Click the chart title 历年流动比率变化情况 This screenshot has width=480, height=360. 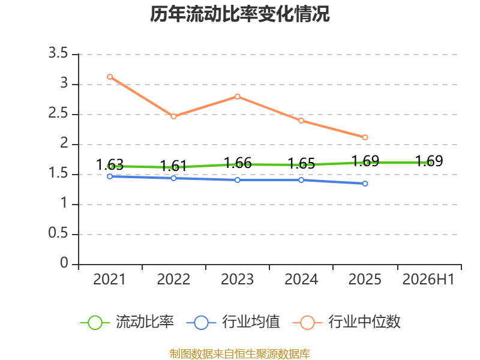click(239, 14)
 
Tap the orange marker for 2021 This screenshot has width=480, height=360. click(110, 77)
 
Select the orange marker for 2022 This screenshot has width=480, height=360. click(173, 116)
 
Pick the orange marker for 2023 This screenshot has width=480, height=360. click(238, 97)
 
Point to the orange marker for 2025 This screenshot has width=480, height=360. click(365, 137)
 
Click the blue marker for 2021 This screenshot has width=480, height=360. click(110, 176)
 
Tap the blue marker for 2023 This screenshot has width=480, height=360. click(238, 180)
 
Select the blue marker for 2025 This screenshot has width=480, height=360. click(365, 184)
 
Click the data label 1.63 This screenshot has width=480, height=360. click(110, 164)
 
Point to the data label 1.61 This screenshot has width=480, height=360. click(173, 166)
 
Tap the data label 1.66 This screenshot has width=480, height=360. click(238, 163)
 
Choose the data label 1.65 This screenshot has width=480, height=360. click(302, 163)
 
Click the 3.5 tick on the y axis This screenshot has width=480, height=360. click(58, 53)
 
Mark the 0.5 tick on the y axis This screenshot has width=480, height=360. click(58, 233)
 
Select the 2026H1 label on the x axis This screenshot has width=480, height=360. click(428, 279)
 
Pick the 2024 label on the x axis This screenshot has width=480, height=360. click(301, 279)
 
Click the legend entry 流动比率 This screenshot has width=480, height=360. click(127, 322)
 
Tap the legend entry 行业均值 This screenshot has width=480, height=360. click(233, 322)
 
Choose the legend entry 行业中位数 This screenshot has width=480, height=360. click(347, 322)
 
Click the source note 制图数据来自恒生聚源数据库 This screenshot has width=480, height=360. click(240, 354)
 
